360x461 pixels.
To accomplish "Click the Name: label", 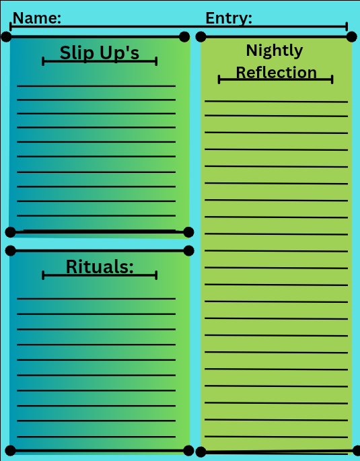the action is click(x=37, y=18).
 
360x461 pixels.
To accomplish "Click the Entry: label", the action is click(x=229, y=18).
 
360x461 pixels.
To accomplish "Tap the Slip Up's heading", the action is click(x=100, y=53).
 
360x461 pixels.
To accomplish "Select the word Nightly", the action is click(x=275, y=50).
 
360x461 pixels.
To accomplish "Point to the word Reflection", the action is click(x=277, y=72).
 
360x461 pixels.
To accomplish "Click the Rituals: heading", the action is click(x=100, y=267).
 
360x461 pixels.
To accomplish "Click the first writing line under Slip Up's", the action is click(x=96, y=86).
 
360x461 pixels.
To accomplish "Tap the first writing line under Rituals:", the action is click(x=96, y=299).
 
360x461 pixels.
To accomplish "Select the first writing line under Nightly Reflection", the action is click(x=277, y=102).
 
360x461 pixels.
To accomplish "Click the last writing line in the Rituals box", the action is click(x=96, y=437).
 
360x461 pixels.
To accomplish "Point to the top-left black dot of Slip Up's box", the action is click(x=7, y=37).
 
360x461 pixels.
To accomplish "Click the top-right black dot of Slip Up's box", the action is click(x=184, y=37).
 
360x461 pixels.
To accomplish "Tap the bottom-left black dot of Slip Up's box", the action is click(x=11, y=232).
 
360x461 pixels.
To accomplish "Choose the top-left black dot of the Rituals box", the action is click(x=11, y=251).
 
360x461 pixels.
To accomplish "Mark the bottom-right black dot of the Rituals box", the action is click(x=188, y=450).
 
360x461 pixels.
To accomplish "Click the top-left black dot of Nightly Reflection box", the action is click(x=201, y=37).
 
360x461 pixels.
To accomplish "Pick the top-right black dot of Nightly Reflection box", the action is click(x=351, y=37).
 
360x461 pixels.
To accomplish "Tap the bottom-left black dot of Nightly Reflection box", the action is click(x=201, y=452).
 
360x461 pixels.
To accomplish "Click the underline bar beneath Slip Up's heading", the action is click(x=100, y=61).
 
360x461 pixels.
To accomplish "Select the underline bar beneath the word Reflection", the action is click(x=276, y=79).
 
